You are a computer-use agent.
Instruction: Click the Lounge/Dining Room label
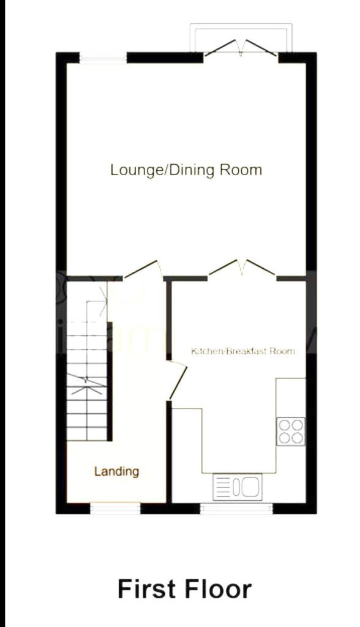[x=186, y=170]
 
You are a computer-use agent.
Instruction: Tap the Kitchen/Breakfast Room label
[x=243, y=351]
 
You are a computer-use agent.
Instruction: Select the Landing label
[x=117, y=471]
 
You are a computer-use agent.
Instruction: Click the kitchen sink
[x=238, y=487]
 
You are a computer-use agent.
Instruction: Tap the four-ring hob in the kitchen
[x=291, y=432]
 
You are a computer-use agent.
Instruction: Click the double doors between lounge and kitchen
[x=242, y=268]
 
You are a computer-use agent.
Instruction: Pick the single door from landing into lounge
[x=143, y=269]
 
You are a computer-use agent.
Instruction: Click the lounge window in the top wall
[x=103, y=58]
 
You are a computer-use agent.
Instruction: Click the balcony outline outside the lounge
[x=241, y=24]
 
